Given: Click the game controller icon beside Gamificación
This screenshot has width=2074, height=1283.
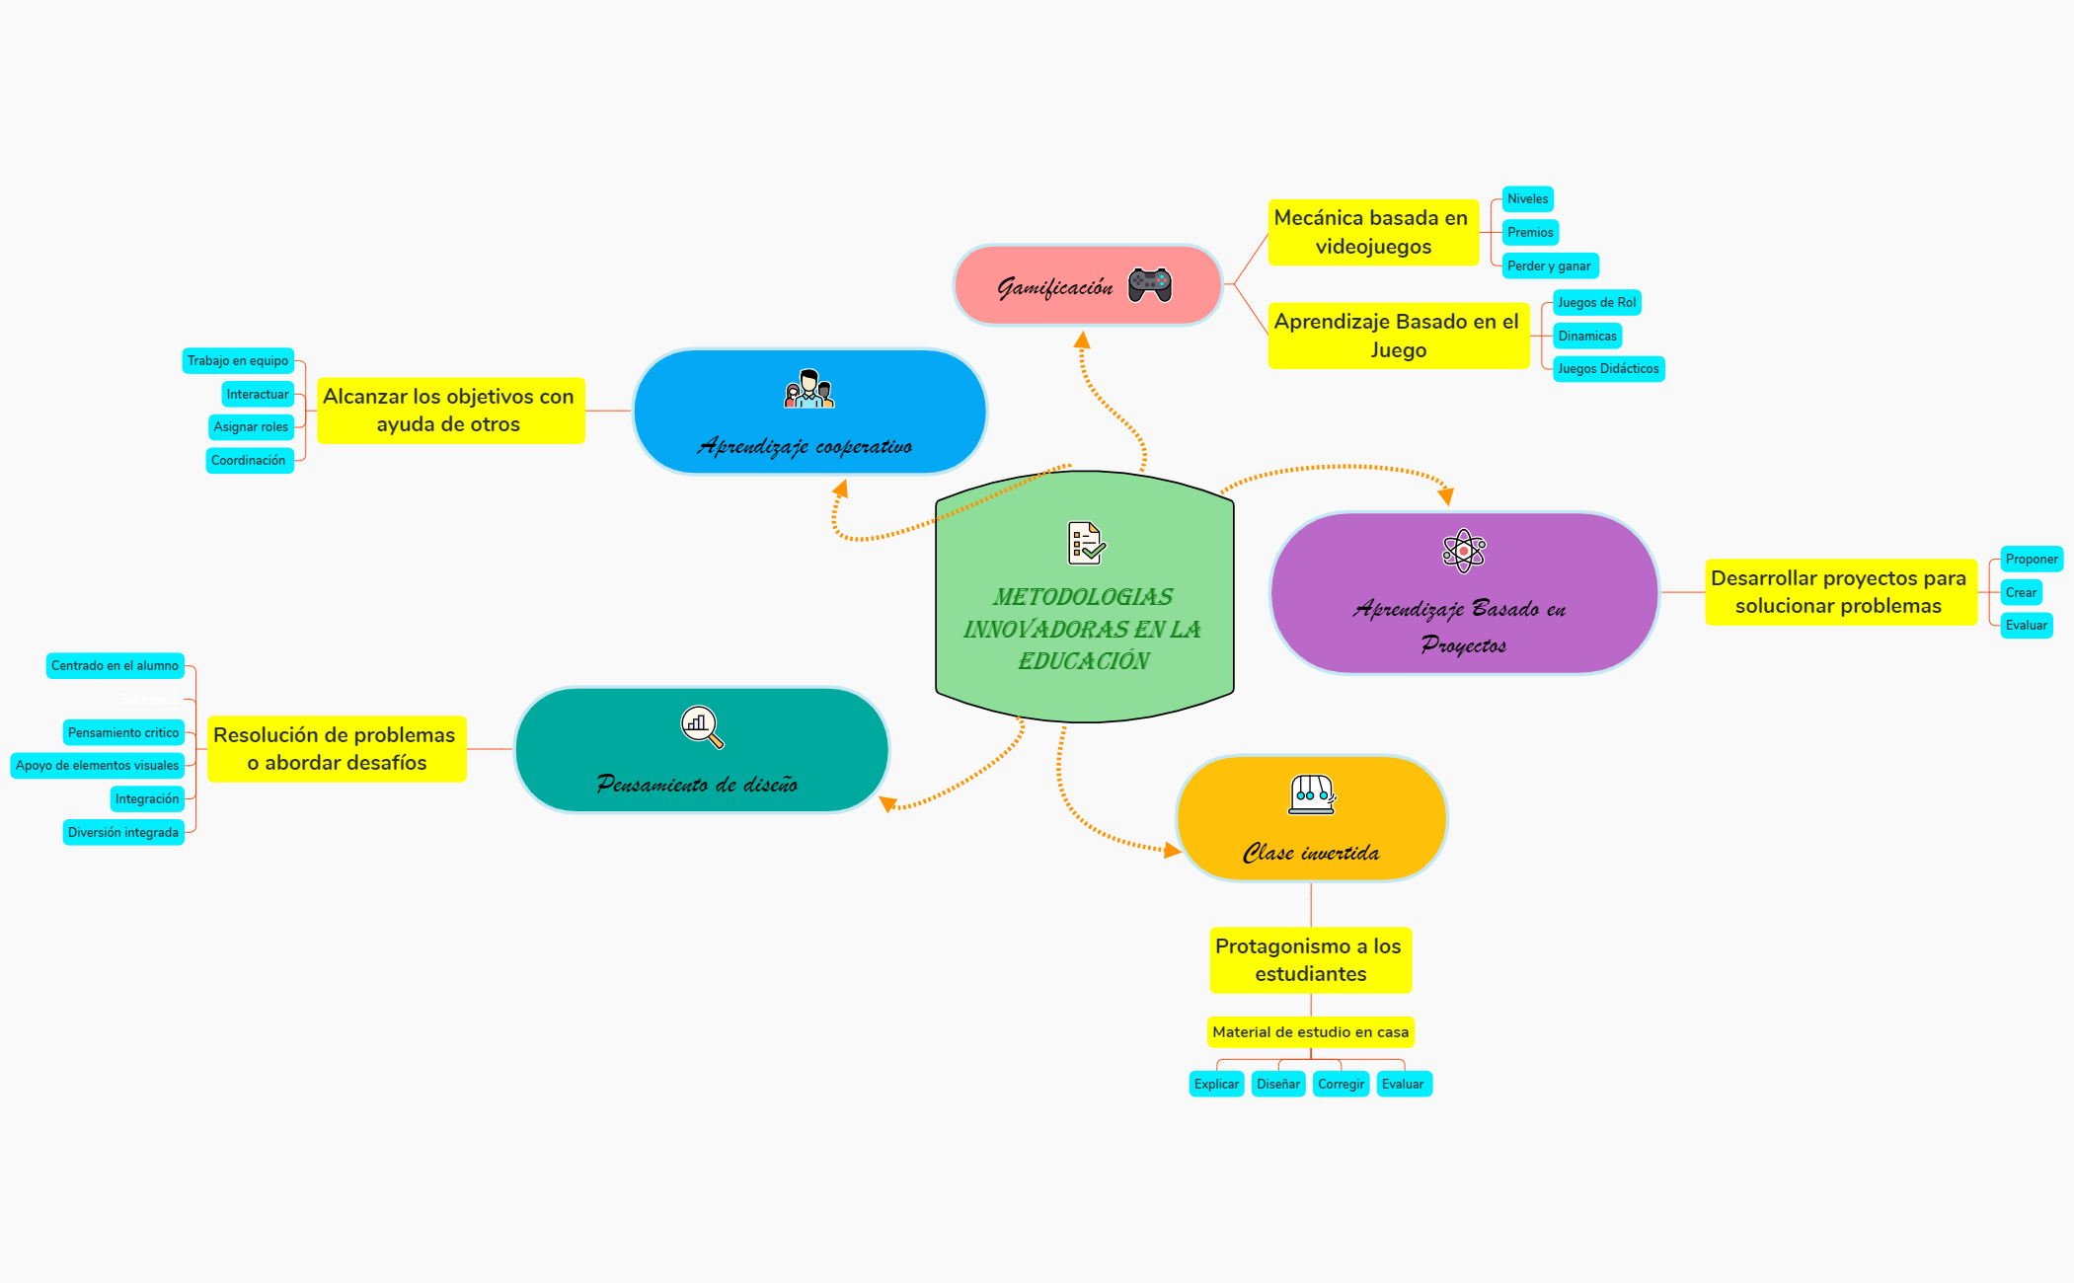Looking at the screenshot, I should pyautogui.click(x=1150, y=284).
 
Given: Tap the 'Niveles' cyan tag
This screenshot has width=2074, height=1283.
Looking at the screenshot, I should pyautogui.click(x=1527, y=199).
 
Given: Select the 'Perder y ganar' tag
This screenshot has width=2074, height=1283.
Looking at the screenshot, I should pyautogui.click(x=1549, y=265).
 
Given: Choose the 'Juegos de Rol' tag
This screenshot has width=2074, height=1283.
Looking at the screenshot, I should pyautogui.click(x=1596, y=303).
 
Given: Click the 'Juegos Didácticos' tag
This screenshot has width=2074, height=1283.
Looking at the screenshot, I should pyautogui.click(x=1608, y=369).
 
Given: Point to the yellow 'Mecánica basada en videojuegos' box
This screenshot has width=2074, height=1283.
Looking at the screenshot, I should pyautogui.click(x=1372, y=232).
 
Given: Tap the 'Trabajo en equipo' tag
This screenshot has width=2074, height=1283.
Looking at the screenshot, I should pyautogui.click(x=238, y=361).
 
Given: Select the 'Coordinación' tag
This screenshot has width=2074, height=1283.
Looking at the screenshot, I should pyautogui.click(x=249, y=461).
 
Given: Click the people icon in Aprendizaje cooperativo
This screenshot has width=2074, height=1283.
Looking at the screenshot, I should pyautogui.click(x=808, y=389).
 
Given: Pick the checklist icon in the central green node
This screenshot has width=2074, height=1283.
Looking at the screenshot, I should pyautogui.click(x=1086, y=543).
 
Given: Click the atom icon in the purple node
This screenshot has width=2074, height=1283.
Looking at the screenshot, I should pyautogui.click(x=1463, y=551).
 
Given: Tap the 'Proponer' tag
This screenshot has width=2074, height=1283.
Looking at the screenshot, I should pyautogui.click(x=2031, y=560).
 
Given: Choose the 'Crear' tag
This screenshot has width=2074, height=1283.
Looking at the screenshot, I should pyautogui.click(x=2021, y=593).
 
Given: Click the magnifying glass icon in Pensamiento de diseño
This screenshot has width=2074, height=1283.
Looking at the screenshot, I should pyautogui.click(x=702, y=727).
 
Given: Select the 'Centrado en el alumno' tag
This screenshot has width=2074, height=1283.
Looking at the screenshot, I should pyautogui.click(x=115, y=666).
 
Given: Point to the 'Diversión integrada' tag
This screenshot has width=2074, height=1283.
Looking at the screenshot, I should pyautogui.click(x=123, y=833).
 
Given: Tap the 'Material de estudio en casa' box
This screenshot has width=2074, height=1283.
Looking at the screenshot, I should pyautogui.click(x=1310, y=1032).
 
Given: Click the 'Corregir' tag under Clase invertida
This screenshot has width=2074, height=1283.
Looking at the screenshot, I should pyautogui.click(x=1341, y=1085).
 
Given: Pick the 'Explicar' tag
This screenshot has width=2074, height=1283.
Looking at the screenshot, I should pyautogui.click(x=1216, y=1085).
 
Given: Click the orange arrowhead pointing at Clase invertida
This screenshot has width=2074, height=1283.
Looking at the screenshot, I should pyautogui.click(x=1173, y=850).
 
